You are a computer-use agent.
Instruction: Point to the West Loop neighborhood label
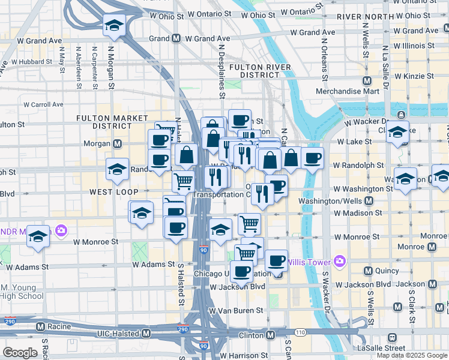point(114,192)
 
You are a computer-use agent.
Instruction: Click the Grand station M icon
point(176,38)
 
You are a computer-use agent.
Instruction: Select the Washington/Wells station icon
point(369,201)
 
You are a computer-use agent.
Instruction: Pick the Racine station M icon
point(40,327)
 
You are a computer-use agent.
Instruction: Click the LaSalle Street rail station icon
point(392,337)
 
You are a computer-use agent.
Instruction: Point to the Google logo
point(20,353)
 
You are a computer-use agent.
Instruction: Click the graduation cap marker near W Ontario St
point(113,25)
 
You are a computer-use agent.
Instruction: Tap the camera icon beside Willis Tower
point(340,261)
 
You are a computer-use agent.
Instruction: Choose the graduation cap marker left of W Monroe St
point(38,237)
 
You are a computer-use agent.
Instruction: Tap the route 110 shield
point(300,332)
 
